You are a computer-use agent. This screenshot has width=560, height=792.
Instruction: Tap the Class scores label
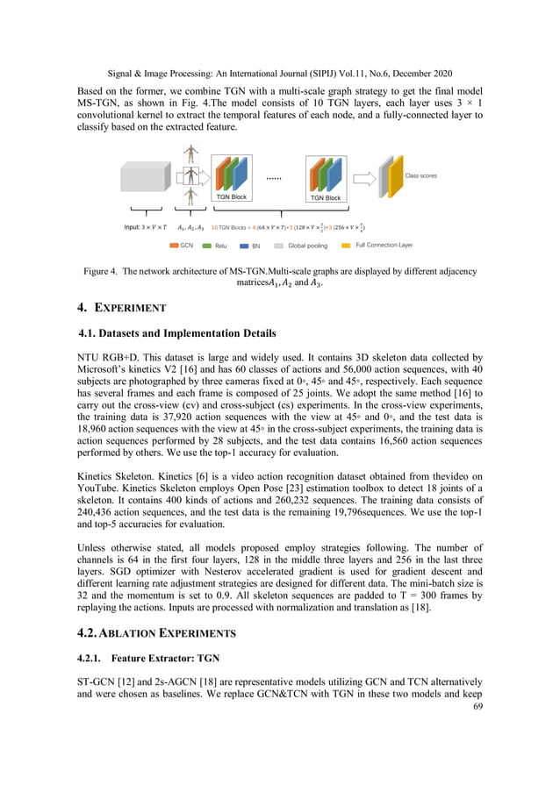tap(420, 175)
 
